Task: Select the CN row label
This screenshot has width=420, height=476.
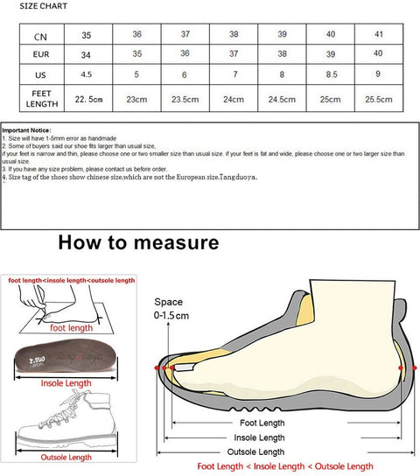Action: (41, 37)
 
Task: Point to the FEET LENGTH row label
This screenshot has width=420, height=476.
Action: (41, 97)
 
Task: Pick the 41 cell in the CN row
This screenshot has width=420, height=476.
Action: (379, 35)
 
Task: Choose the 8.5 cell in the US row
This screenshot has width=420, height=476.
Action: (330, 75)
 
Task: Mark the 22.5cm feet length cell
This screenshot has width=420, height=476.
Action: (88, 99)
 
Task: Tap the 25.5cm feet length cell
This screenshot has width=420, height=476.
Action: (379, 99)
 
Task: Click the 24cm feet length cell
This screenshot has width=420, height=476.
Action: (234, 99)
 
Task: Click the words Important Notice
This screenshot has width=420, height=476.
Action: (27, 129)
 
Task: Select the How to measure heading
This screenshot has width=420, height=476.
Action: (138, 242)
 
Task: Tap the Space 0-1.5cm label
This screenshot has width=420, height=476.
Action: (169, 308)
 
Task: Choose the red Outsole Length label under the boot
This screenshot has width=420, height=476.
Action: (66, 458)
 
